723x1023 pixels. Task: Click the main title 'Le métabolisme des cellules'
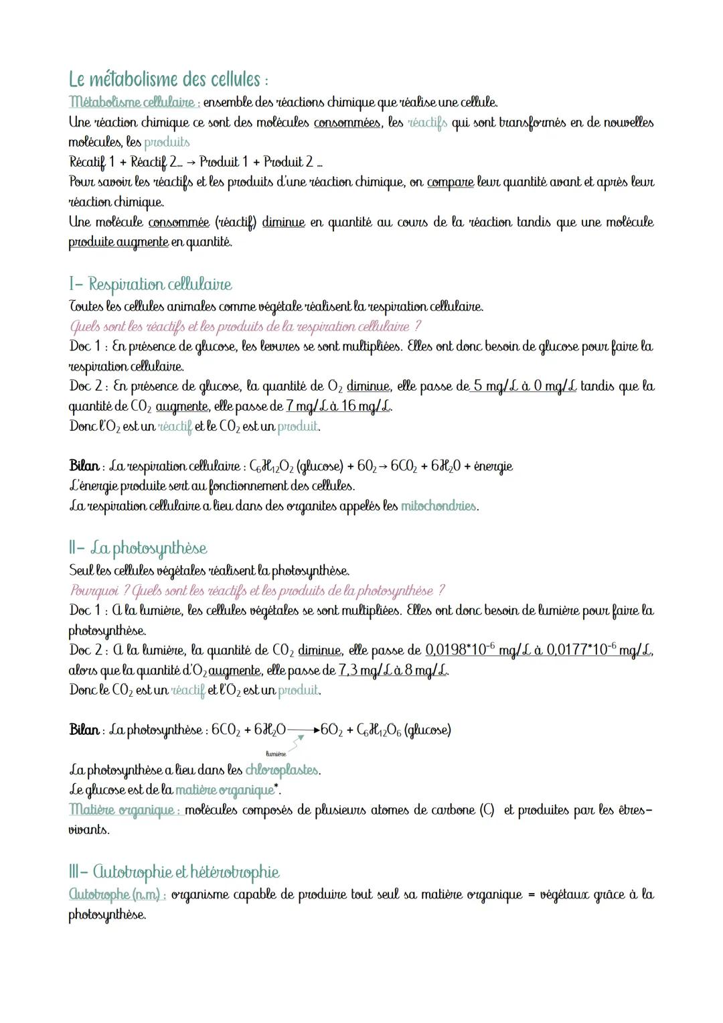coord(168,80)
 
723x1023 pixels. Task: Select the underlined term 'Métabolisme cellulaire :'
coord(133,103)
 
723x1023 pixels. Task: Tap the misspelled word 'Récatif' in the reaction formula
coord(90,162)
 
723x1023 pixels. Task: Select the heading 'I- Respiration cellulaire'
coord(151,284)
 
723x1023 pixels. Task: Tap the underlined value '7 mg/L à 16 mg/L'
coord(339,407)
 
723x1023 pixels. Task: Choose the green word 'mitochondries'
coord(438,506)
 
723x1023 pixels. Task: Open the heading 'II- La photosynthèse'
coord(138,548)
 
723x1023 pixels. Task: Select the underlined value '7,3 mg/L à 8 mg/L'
coord(394,671)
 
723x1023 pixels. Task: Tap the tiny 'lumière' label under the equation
coord(275,754)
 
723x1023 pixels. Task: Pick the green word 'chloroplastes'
coord(282,770)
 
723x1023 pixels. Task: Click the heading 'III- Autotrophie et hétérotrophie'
coord(174,872)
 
